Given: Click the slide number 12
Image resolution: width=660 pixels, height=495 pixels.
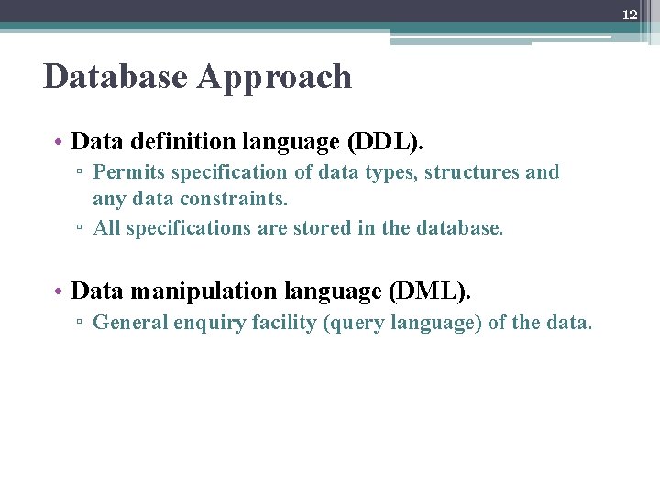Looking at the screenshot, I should [x=630, y=15].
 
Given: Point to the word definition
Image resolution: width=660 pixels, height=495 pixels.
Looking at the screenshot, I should [x=179, y=142].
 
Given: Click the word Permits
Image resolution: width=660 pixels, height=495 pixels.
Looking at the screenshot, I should [x=126, y=172].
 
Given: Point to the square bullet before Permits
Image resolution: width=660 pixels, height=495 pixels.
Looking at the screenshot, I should [x=81, y=173].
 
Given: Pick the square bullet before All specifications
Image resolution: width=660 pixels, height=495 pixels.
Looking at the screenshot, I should [x=81, y=229].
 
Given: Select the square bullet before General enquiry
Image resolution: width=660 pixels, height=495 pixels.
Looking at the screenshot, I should [x=81, y=324].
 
